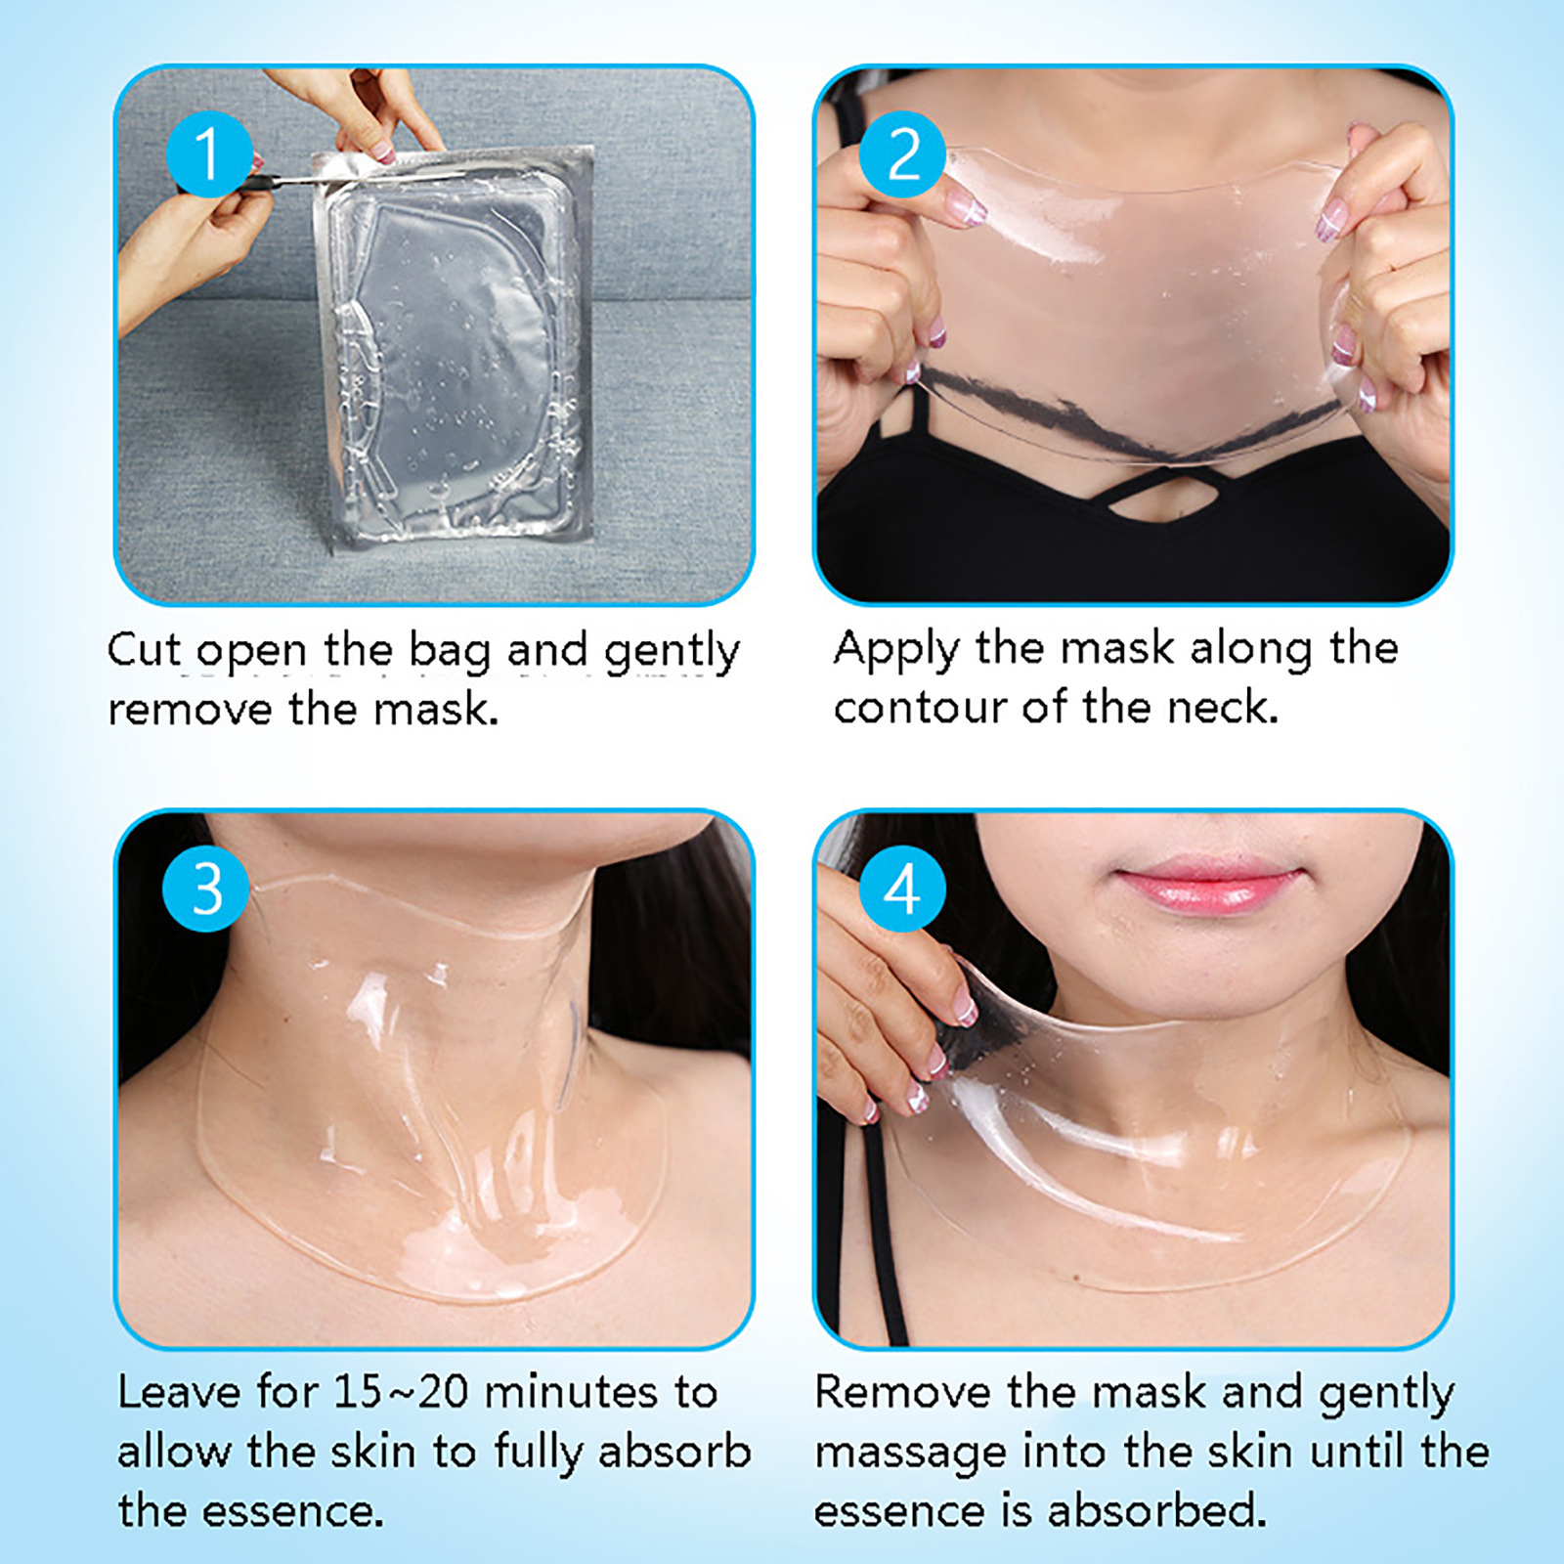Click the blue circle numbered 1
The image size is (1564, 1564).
207,153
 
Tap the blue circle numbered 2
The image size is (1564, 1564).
902,153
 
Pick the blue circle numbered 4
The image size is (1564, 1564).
902,889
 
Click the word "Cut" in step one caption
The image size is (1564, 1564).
144,650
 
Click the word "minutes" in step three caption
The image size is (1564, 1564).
572,1392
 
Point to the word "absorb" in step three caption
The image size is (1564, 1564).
674,1452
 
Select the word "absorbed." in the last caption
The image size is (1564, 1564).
1157,1510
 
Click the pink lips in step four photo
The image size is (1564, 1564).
1208,883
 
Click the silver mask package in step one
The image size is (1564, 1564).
454,347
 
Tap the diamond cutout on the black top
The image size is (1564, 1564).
1163,497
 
